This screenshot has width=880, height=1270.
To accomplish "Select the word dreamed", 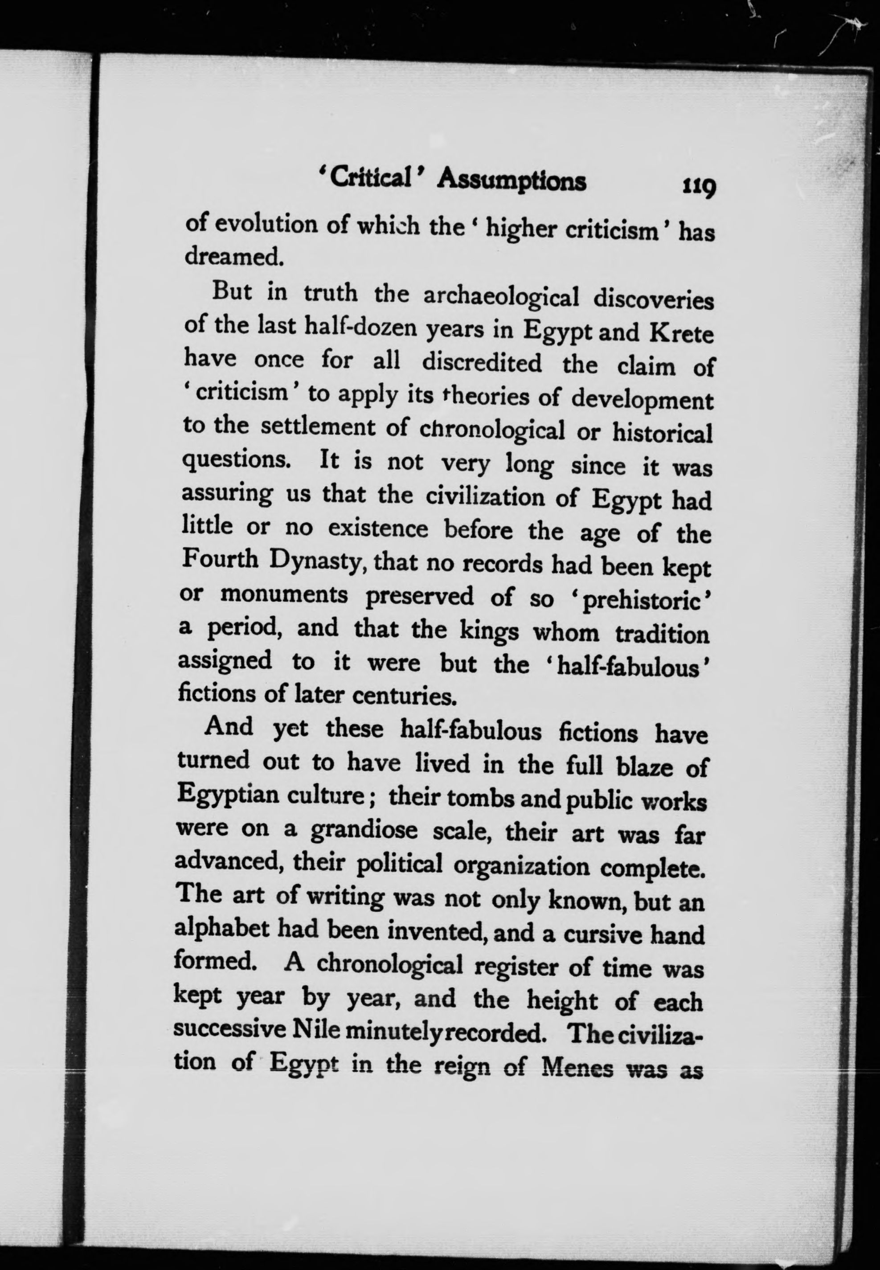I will [x=233, y=256].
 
